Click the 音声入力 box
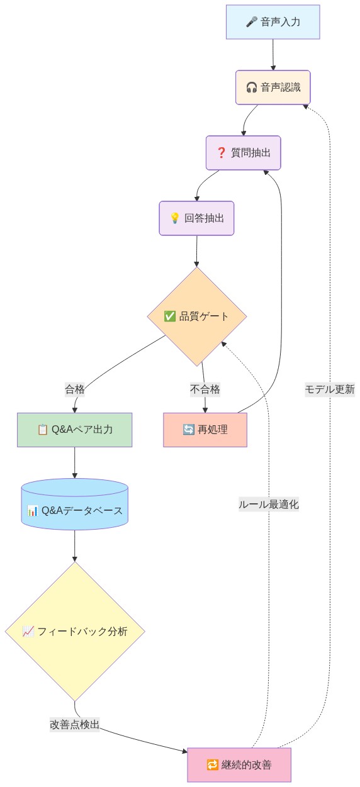(x=273, y=22)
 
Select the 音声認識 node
(x=273, y=87)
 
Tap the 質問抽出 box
(x=243, y=152)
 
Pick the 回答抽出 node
(x=196, y=218)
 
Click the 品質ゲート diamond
(x=196, y=316)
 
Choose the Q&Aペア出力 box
(x=75, y=430)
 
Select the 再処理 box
(x=205, y=430)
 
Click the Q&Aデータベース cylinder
(x=75, y=510)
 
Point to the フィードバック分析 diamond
(x=75, y=631)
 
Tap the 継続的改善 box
(x=239, y=764)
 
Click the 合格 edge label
(x=75, y=389)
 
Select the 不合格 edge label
(x=205, y=389)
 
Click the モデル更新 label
(x=330, y=389)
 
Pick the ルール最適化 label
(x=269, y=504)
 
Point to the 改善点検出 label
(x=75, y=724)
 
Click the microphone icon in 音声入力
(x=252, y=22)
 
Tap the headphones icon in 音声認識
(x=252, y=87)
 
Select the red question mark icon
(x=221, y=152)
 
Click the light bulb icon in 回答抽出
(x=175, y=218)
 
